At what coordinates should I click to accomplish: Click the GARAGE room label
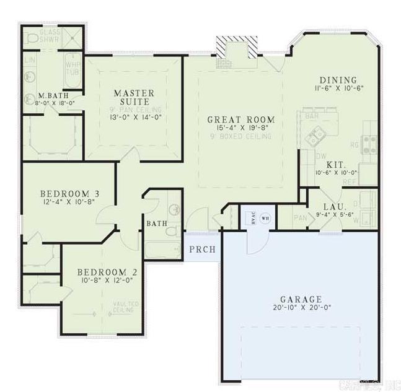point(299,298)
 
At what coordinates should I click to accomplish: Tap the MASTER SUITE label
point(134,98)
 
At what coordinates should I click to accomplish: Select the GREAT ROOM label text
point(240,120)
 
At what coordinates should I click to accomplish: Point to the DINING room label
point(338,80)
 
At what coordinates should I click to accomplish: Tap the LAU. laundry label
point(335,207)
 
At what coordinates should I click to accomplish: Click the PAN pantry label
point(300,218)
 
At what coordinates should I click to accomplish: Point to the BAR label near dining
point(311,116)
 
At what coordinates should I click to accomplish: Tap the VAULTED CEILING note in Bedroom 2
point(126,307)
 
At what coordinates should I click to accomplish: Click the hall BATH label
point(156,222)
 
